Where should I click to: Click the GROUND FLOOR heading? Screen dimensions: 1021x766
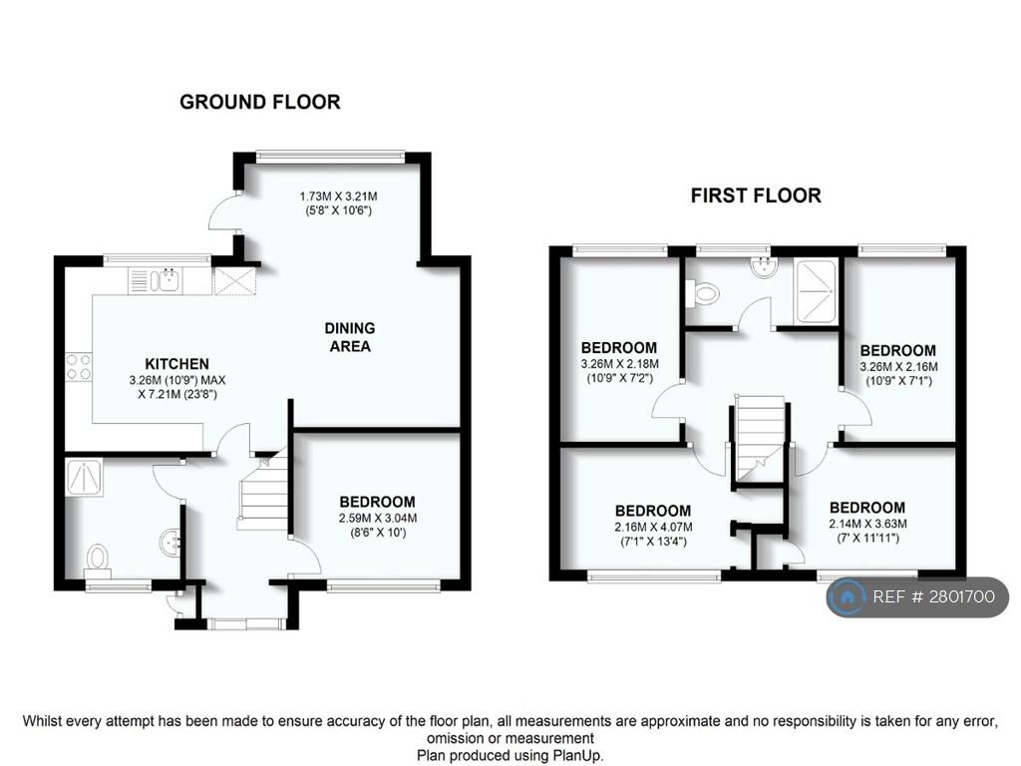click(x=260, y=103)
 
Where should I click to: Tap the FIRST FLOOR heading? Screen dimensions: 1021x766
click(x=756, y=195)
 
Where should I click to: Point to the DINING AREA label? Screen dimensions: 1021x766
click(x=350, y=337)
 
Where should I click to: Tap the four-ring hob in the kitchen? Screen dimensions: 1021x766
click(x=78, y=366)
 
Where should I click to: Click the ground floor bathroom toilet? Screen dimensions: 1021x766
click(x=98, y=560)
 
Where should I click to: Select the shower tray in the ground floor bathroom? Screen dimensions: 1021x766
click(x=85, y=478)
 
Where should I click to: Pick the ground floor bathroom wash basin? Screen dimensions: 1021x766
click(x=170, y=543)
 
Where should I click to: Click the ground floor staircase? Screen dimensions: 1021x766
click(x=264, y=492)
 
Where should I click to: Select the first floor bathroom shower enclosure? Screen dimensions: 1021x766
click(x=815, y=291)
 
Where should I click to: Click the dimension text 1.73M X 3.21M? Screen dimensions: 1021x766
click(x=339, y=196)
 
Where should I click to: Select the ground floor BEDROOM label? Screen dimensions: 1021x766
click(x=378, y=503)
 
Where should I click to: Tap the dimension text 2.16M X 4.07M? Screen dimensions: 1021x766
click(x=654, y=527)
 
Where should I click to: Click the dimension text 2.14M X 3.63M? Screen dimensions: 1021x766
click(x=868, y=524)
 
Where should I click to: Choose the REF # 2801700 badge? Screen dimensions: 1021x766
click(x=917, y=596)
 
